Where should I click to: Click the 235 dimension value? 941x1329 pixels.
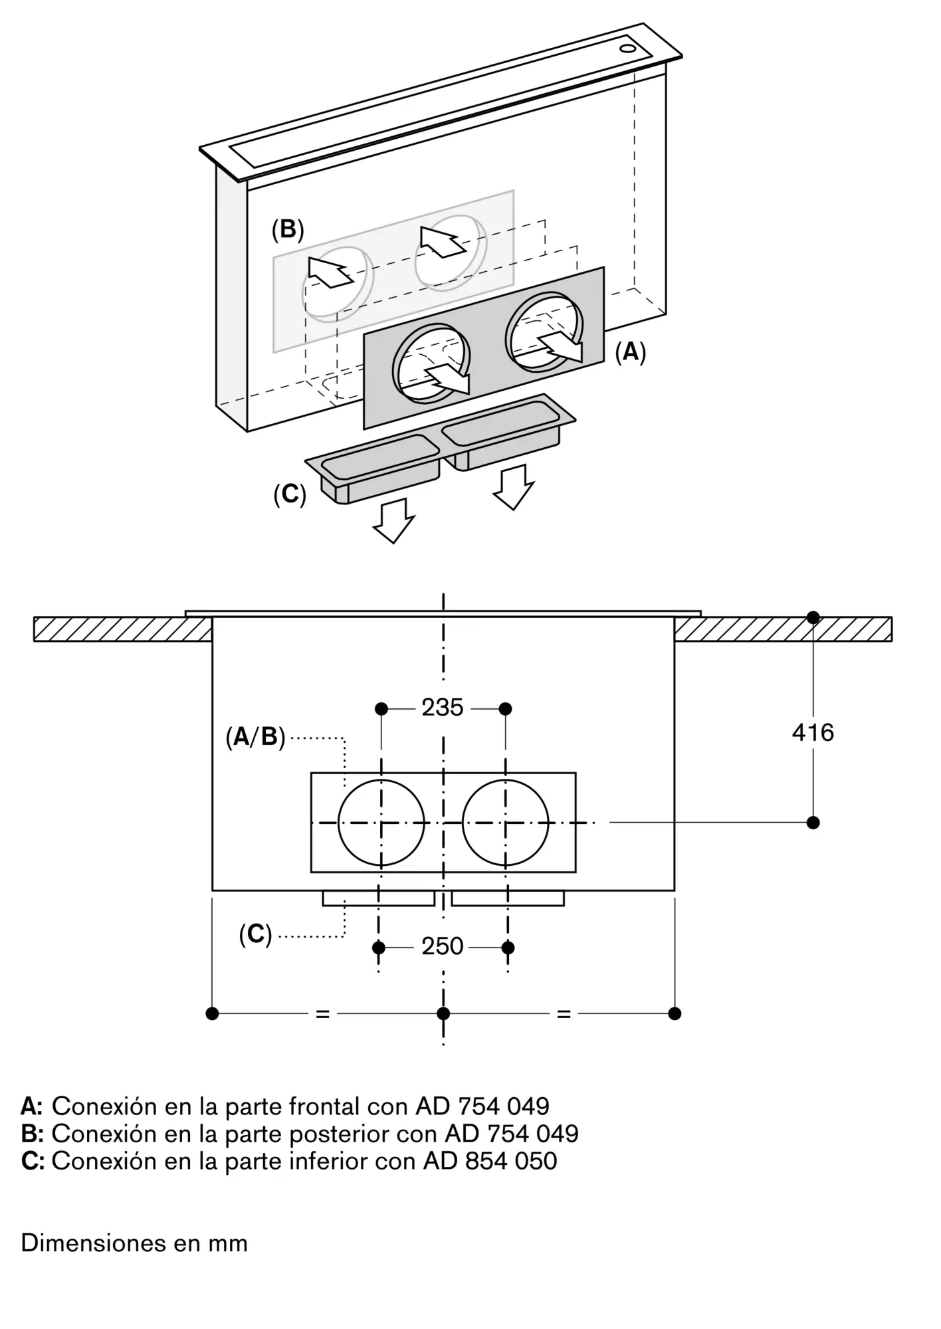[x=443, y=708]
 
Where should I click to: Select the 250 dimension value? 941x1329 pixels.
[x=443, y=946]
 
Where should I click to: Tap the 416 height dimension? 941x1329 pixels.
[x=813, y=732]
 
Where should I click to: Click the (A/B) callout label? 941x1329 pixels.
[x=255, y=737]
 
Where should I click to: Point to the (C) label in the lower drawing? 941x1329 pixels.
[x=256, y=935]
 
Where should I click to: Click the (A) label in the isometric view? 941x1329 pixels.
[x=630, y=352]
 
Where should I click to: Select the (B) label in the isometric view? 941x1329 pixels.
[x=288, y=229]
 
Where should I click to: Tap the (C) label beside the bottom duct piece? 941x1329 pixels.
[x=290, y=494]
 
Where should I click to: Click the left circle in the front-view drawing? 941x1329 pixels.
[x=338, y=823]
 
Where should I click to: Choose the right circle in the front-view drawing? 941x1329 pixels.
[x=463, y=823]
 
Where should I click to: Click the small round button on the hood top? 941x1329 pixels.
[x=627, y=49]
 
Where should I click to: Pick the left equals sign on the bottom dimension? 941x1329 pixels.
[x=322, y=1014]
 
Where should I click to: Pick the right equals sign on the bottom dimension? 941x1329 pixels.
[x=564, y=1014]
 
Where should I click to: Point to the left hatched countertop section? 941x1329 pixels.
[x=123, y=629]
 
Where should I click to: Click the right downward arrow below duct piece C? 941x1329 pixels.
[x=513, y=487]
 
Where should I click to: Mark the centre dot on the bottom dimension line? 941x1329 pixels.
[x=443, y=1013]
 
